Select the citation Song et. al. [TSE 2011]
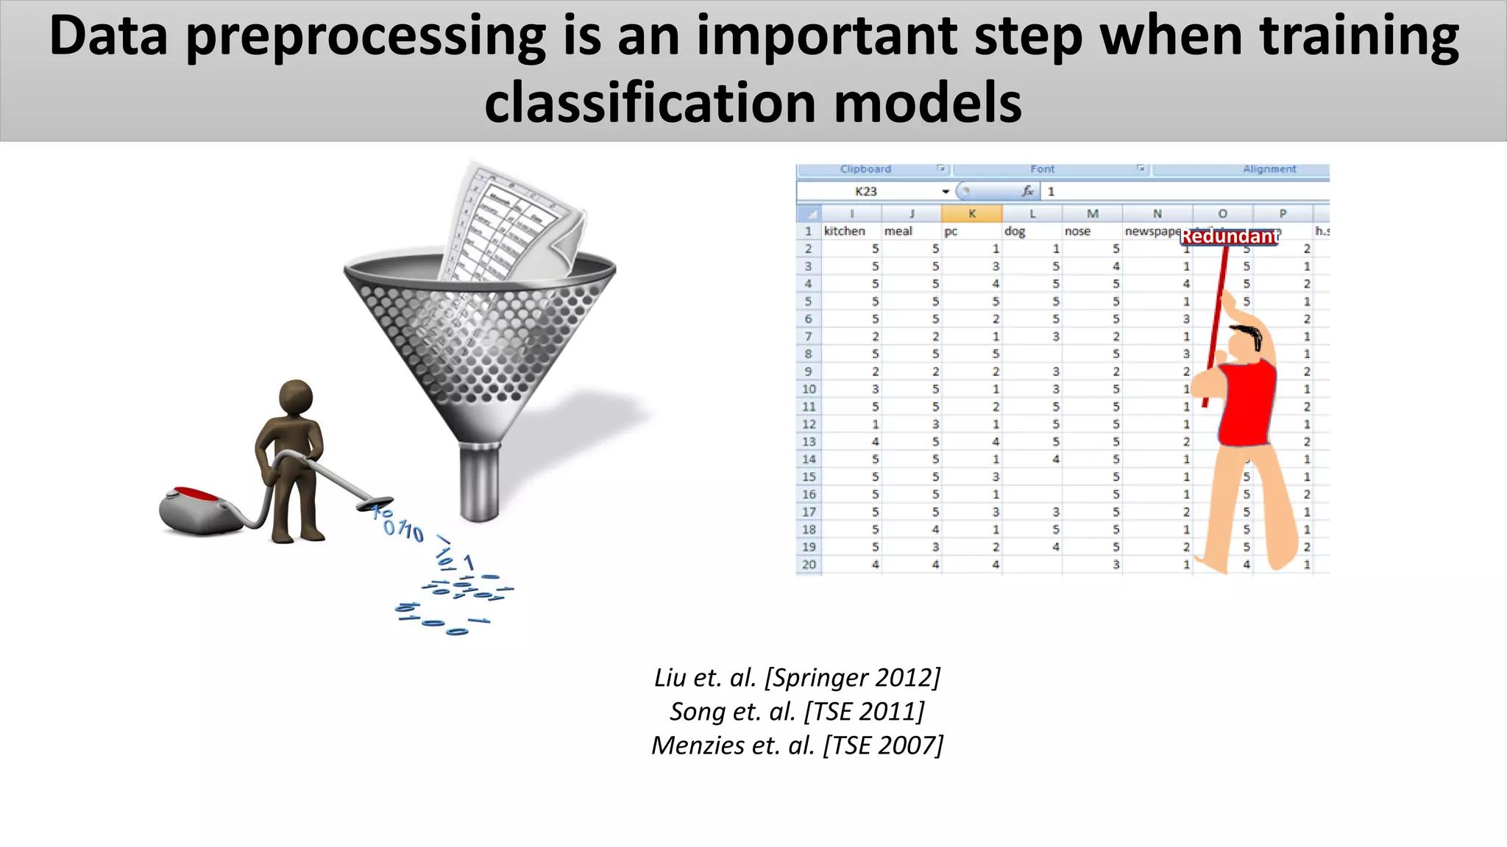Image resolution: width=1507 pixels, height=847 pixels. (x=797, y=711)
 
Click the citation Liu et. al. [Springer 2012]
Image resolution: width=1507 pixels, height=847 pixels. (x=797, y=677)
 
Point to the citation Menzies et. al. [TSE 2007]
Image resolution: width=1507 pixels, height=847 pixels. (x=797, y=745)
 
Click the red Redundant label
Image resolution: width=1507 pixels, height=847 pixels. (x=1229, y=237)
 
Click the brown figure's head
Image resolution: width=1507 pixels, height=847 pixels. (x=296, y=399)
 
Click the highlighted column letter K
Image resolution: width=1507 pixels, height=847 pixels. (x=971, y=214)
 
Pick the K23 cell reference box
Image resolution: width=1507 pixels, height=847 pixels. (x=866, y=191)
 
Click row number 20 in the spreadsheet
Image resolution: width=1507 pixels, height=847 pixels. (x=809, y=565)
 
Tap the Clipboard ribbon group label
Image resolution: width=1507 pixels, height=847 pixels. (x=865, y=169)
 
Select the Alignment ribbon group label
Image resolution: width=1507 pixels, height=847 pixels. (x=1269, y=169)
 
